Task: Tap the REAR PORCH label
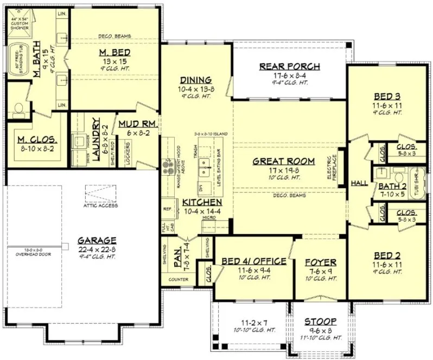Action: point(290,67)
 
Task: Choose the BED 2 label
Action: point(386,253)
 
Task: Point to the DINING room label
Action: point(196,80)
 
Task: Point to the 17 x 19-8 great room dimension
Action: point(283,170)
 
